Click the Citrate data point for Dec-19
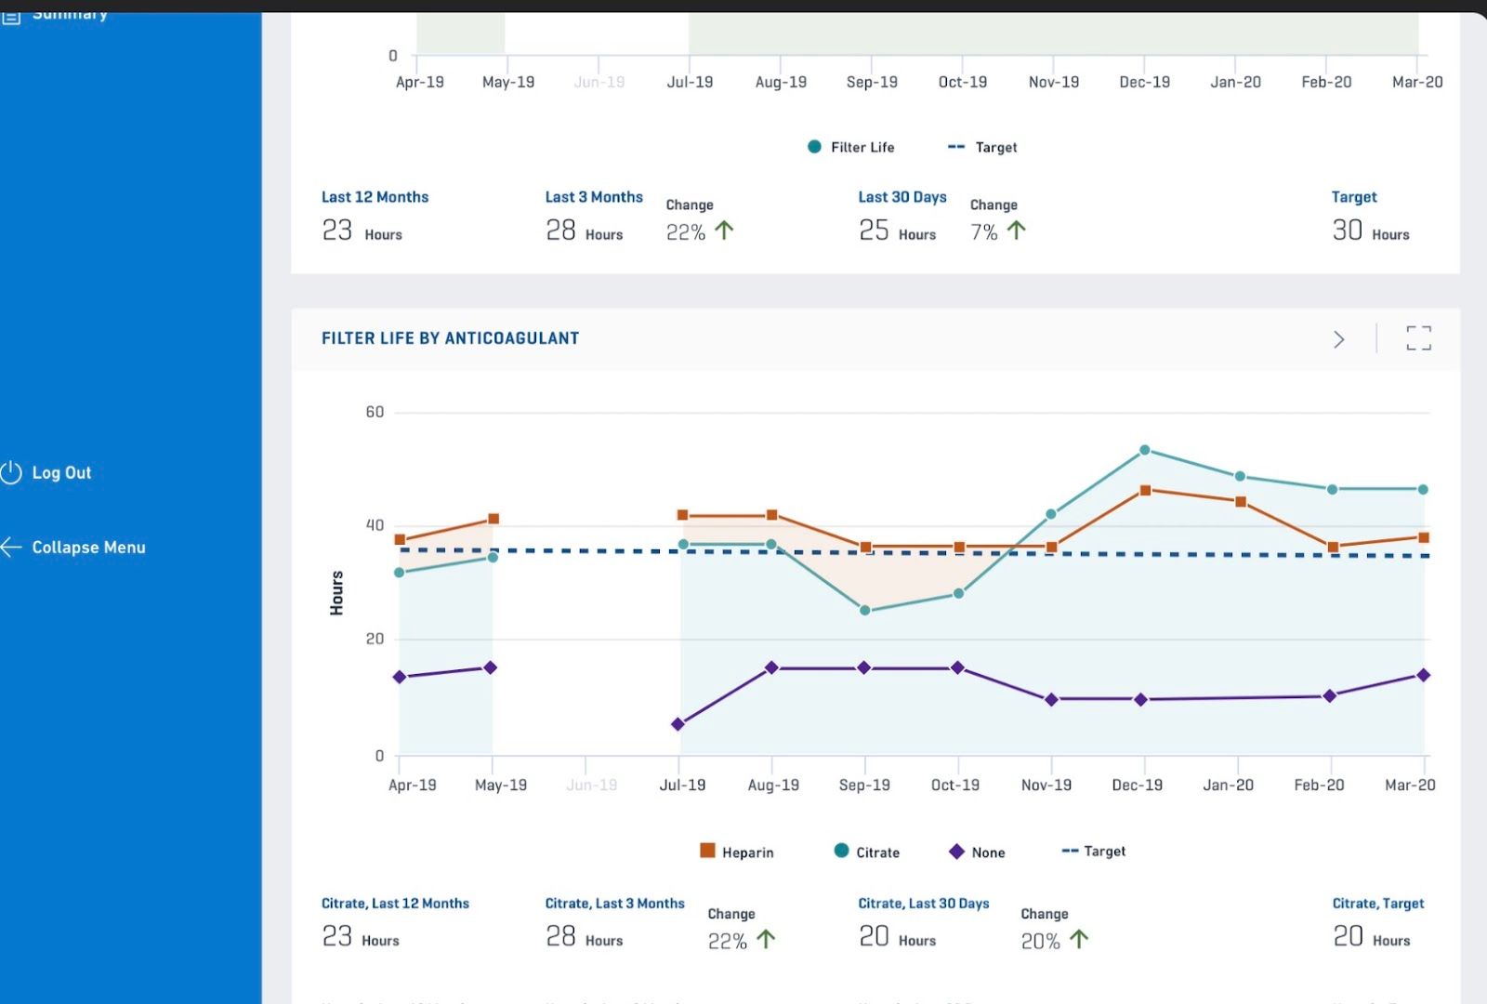(x=1144, y=450)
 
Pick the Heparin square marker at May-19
(x=493, y=519)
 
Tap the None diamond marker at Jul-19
(x=678, y=724)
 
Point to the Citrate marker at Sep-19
(x=865, y=611)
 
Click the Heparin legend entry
(x=737, y=852)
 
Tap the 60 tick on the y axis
(x=375, y=412)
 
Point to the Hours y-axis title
(x=336, y=592)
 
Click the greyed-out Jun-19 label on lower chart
(x=591, y=785)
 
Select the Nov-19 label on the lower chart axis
(x=1046, y=785)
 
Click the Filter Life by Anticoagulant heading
(x=450, y=338)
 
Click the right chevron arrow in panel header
(x=1338, y=339)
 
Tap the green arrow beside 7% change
(x=1017, y=230)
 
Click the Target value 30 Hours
(x=1370, y=231)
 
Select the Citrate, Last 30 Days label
(x=923, y=904)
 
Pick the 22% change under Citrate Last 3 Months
(x=727, y=941)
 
